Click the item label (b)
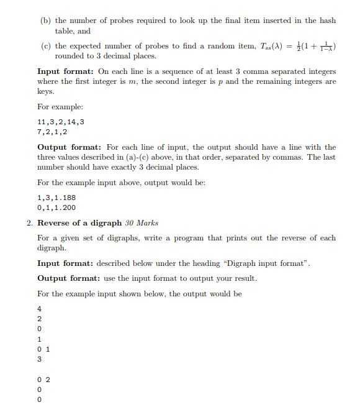coord(46,21)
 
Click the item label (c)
coord(46,46)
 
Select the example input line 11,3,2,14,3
coord(61,122)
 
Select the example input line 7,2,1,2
coord(52,132)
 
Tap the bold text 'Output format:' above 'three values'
coord(70,147)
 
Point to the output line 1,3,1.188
coord(56,198)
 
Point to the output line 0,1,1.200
coord(56,207)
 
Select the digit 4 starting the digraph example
coord(40,309)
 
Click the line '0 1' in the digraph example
coord(43,349)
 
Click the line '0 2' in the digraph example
coord(43,380)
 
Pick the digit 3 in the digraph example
coord(40,359)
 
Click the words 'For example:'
coord(60,107)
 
